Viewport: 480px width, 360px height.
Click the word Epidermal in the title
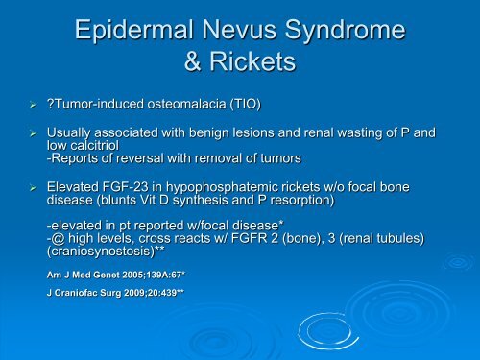click(134, 31)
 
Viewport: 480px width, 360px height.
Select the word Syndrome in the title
click(346, 31)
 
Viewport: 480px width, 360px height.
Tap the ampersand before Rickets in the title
click(193, 61)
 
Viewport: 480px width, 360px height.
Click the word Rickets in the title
click(252, 61)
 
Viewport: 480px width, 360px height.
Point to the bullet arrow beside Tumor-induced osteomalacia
click(34, 105)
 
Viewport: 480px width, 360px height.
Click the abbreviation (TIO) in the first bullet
click(246, 105)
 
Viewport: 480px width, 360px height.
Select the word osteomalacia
click(186, 104)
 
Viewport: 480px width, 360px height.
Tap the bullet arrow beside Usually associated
click(34, 133)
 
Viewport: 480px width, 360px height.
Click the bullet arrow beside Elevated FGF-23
click(34, 188)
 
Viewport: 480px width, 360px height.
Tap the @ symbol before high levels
click(58, 238)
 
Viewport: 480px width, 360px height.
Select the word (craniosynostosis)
click(101, 252)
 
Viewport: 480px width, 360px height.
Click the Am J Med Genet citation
click(116, 275)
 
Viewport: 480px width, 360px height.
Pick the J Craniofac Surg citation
click(115, 293)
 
